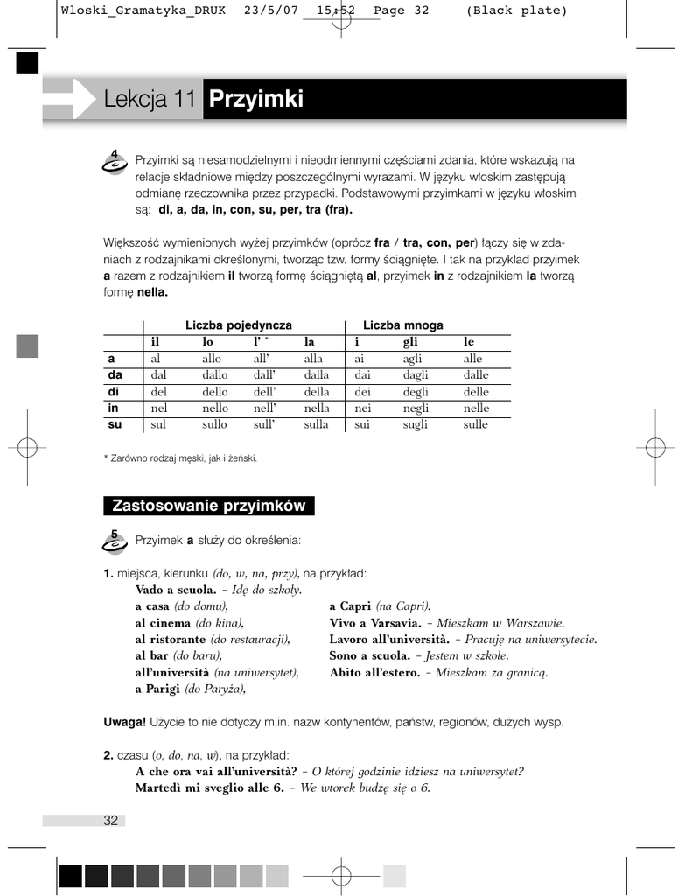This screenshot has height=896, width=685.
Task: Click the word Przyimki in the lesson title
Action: pos(256,100)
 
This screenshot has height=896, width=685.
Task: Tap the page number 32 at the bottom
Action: pos(111,820)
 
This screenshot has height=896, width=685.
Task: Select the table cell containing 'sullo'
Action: pos(214,424)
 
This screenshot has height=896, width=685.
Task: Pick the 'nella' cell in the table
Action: pos(317,408)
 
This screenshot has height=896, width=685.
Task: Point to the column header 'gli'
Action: pos(410,342)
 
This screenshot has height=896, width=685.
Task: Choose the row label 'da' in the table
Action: pos(115,375)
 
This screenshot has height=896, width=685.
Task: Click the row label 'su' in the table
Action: pos(115,424)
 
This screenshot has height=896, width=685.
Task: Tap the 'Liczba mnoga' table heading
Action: pos(403,325)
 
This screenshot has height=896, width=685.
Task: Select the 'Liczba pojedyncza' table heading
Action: pos(239,325)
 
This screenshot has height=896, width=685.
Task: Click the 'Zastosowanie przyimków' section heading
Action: pos(209,506)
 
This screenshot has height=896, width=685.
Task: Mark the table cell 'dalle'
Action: pos(476,375)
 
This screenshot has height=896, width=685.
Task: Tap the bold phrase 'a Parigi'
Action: pos(157,689)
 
